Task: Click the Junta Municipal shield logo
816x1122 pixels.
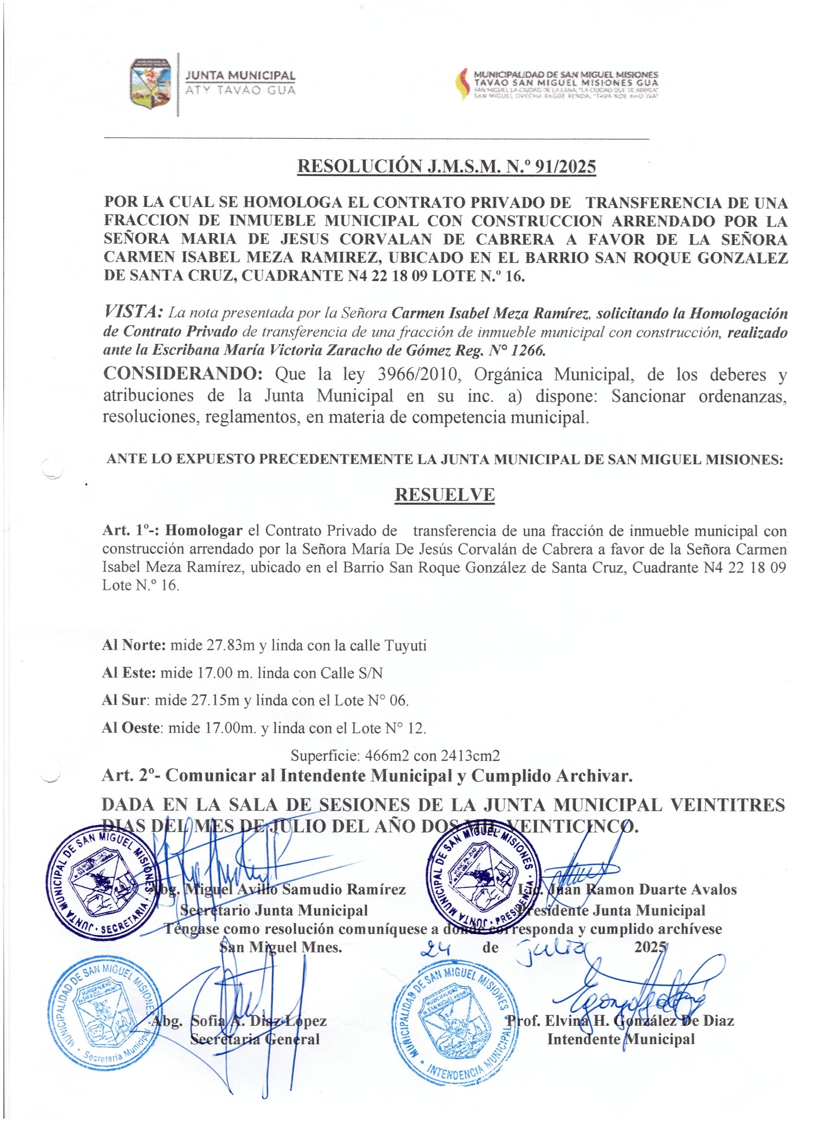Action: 151,83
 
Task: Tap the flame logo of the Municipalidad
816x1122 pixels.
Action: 462,84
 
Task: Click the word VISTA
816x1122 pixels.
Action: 132,312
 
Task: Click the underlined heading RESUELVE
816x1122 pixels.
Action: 444,495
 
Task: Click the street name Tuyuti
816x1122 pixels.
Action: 405,645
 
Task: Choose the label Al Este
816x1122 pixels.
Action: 129,673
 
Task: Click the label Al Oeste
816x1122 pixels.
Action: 131,728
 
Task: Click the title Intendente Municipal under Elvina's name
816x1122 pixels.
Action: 621,1039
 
